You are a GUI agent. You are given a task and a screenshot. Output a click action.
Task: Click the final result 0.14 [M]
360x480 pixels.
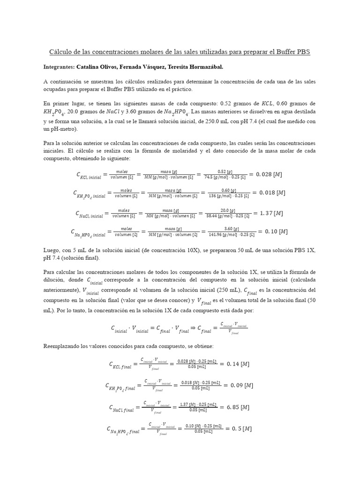[x=239, y=364]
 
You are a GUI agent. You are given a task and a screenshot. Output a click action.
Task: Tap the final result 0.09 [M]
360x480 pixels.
[x=240, y=385]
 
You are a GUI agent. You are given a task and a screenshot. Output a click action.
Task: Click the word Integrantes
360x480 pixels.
[x=59, y=67]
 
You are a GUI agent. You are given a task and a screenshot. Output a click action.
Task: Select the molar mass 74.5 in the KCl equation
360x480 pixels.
[x=210, y=177]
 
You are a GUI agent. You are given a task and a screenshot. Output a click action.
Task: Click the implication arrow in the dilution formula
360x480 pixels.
[x=194, y=328]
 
